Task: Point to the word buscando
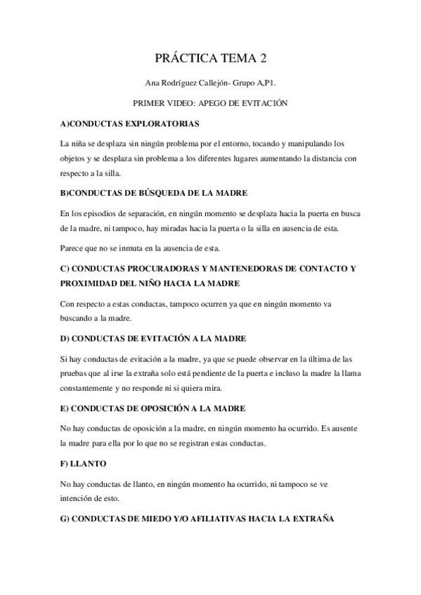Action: (78, 318)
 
